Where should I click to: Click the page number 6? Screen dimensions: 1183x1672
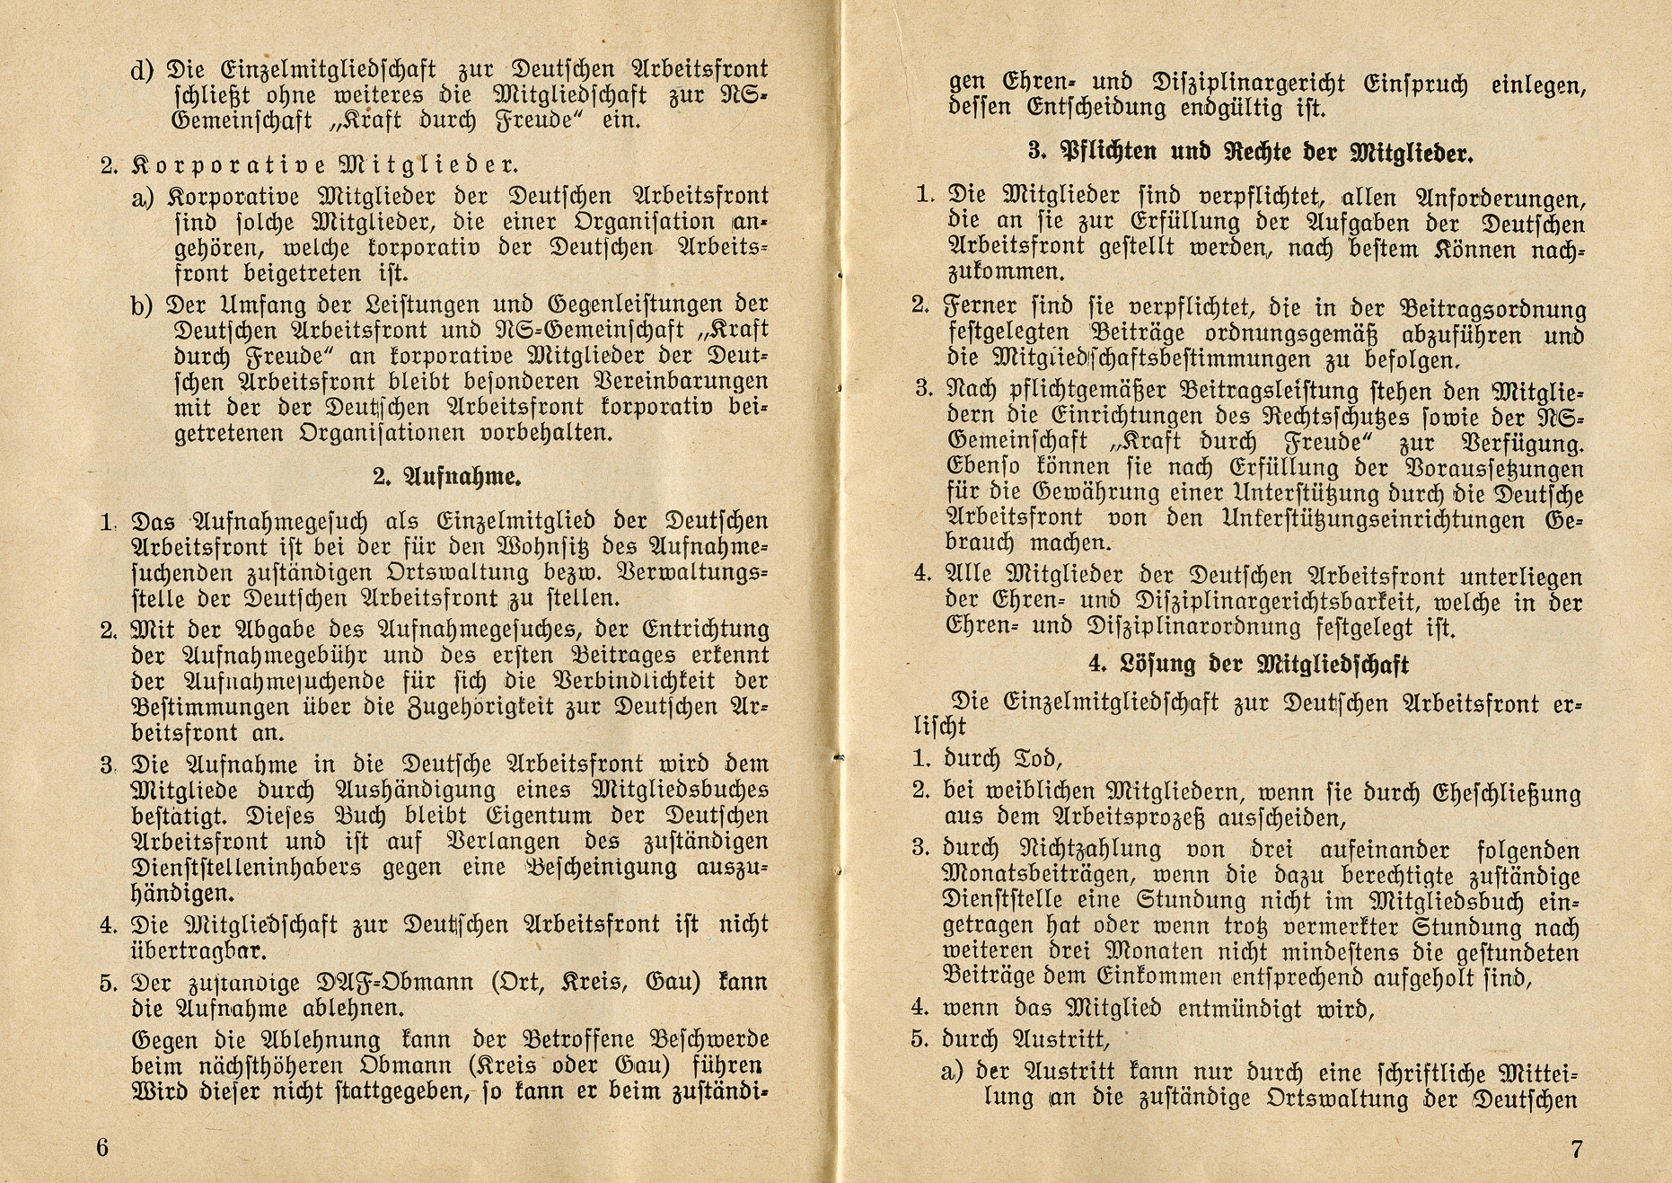[x=101, y=1148]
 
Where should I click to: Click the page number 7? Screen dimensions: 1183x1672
[x=1577, y=1149]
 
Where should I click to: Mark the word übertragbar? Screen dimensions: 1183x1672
[x=198, y=950]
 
